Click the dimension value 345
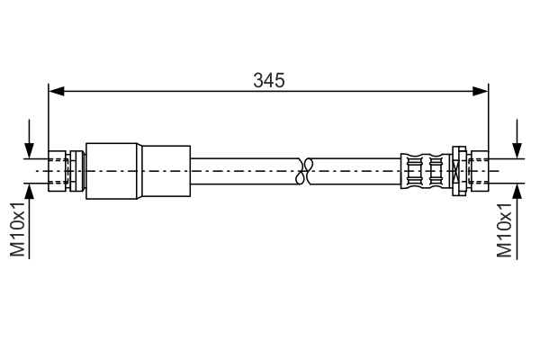(x=269, y=80)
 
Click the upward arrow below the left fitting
(x=31, y=190)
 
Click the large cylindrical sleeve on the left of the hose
(x=138, y=169)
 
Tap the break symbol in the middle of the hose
(x=304, y=169)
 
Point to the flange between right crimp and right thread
(x=457, y=169)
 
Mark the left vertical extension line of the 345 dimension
(x=49, y=117)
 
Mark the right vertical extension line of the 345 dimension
(x=488, y=117)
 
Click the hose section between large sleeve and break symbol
(x=243, y=169)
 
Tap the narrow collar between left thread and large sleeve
(x=81, y=169)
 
